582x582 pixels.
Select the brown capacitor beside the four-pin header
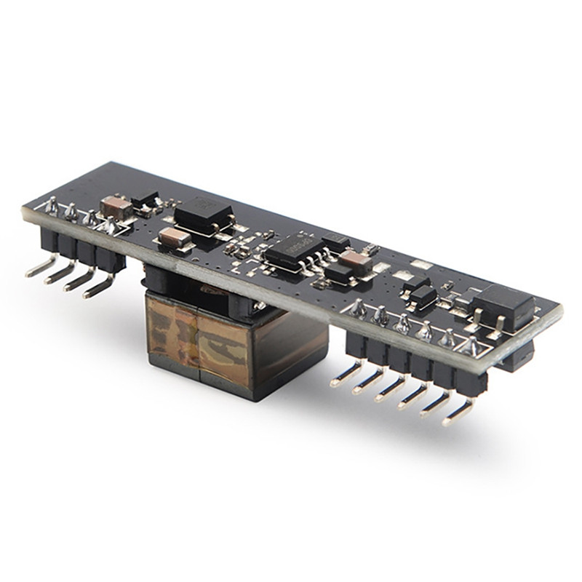116,208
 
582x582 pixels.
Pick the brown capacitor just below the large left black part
175,238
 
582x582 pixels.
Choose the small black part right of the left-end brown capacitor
145,199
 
